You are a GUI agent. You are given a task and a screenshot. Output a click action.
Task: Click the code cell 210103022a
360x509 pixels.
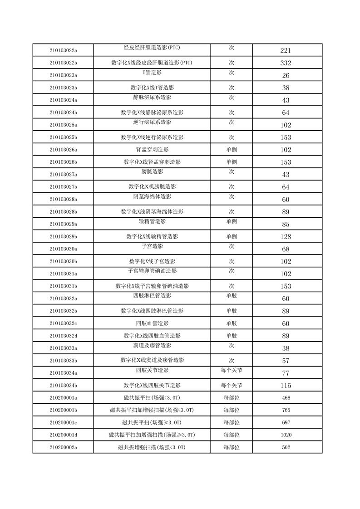63,50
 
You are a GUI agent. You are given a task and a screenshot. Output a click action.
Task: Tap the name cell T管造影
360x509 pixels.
152,72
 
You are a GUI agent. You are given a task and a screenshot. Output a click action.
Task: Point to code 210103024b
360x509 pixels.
63,113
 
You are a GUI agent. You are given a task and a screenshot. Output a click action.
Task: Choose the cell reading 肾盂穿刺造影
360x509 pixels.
152,150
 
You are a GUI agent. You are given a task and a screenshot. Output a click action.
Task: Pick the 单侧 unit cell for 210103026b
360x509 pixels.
231,162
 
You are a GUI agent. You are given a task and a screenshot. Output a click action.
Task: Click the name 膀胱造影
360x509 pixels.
152,171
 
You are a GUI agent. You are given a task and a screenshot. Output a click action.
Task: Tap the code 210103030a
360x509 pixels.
63,249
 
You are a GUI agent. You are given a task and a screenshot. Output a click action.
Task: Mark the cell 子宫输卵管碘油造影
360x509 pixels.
152,271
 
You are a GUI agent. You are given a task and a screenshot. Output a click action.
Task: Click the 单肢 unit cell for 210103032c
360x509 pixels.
231,323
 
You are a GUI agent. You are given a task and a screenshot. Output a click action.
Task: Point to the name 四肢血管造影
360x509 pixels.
152,323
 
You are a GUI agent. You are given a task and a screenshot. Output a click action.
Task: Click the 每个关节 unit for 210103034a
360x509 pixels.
231,370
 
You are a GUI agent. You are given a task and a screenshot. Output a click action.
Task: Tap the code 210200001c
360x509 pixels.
63,423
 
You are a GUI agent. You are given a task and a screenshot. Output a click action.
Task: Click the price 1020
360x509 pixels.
286,435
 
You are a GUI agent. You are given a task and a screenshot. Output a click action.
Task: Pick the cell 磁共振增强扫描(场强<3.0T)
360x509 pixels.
152,447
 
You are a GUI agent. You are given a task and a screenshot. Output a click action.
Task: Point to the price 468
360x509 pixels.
286,398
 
